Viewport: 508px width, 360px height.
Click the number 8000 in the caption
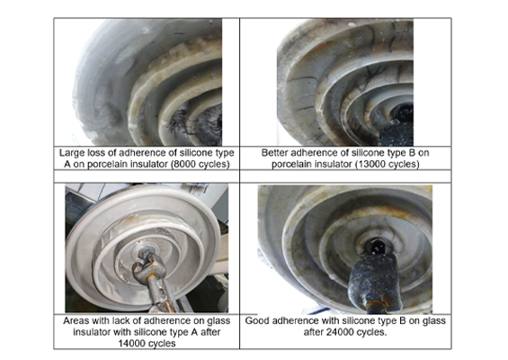[184, 164]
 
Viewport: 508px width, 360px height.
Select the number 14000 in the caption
[132, 343]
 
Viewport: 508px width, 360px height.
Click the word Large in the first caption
[70, 153]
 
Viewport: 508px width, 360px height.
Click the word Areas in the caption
[76, 320]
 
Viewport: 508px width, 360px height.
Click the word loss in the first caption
[93, 153]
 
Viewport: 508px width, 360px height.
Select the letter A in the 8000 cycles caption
[67, 164]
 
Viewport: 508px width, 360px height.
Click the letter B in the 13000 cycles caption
[410, 153]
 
